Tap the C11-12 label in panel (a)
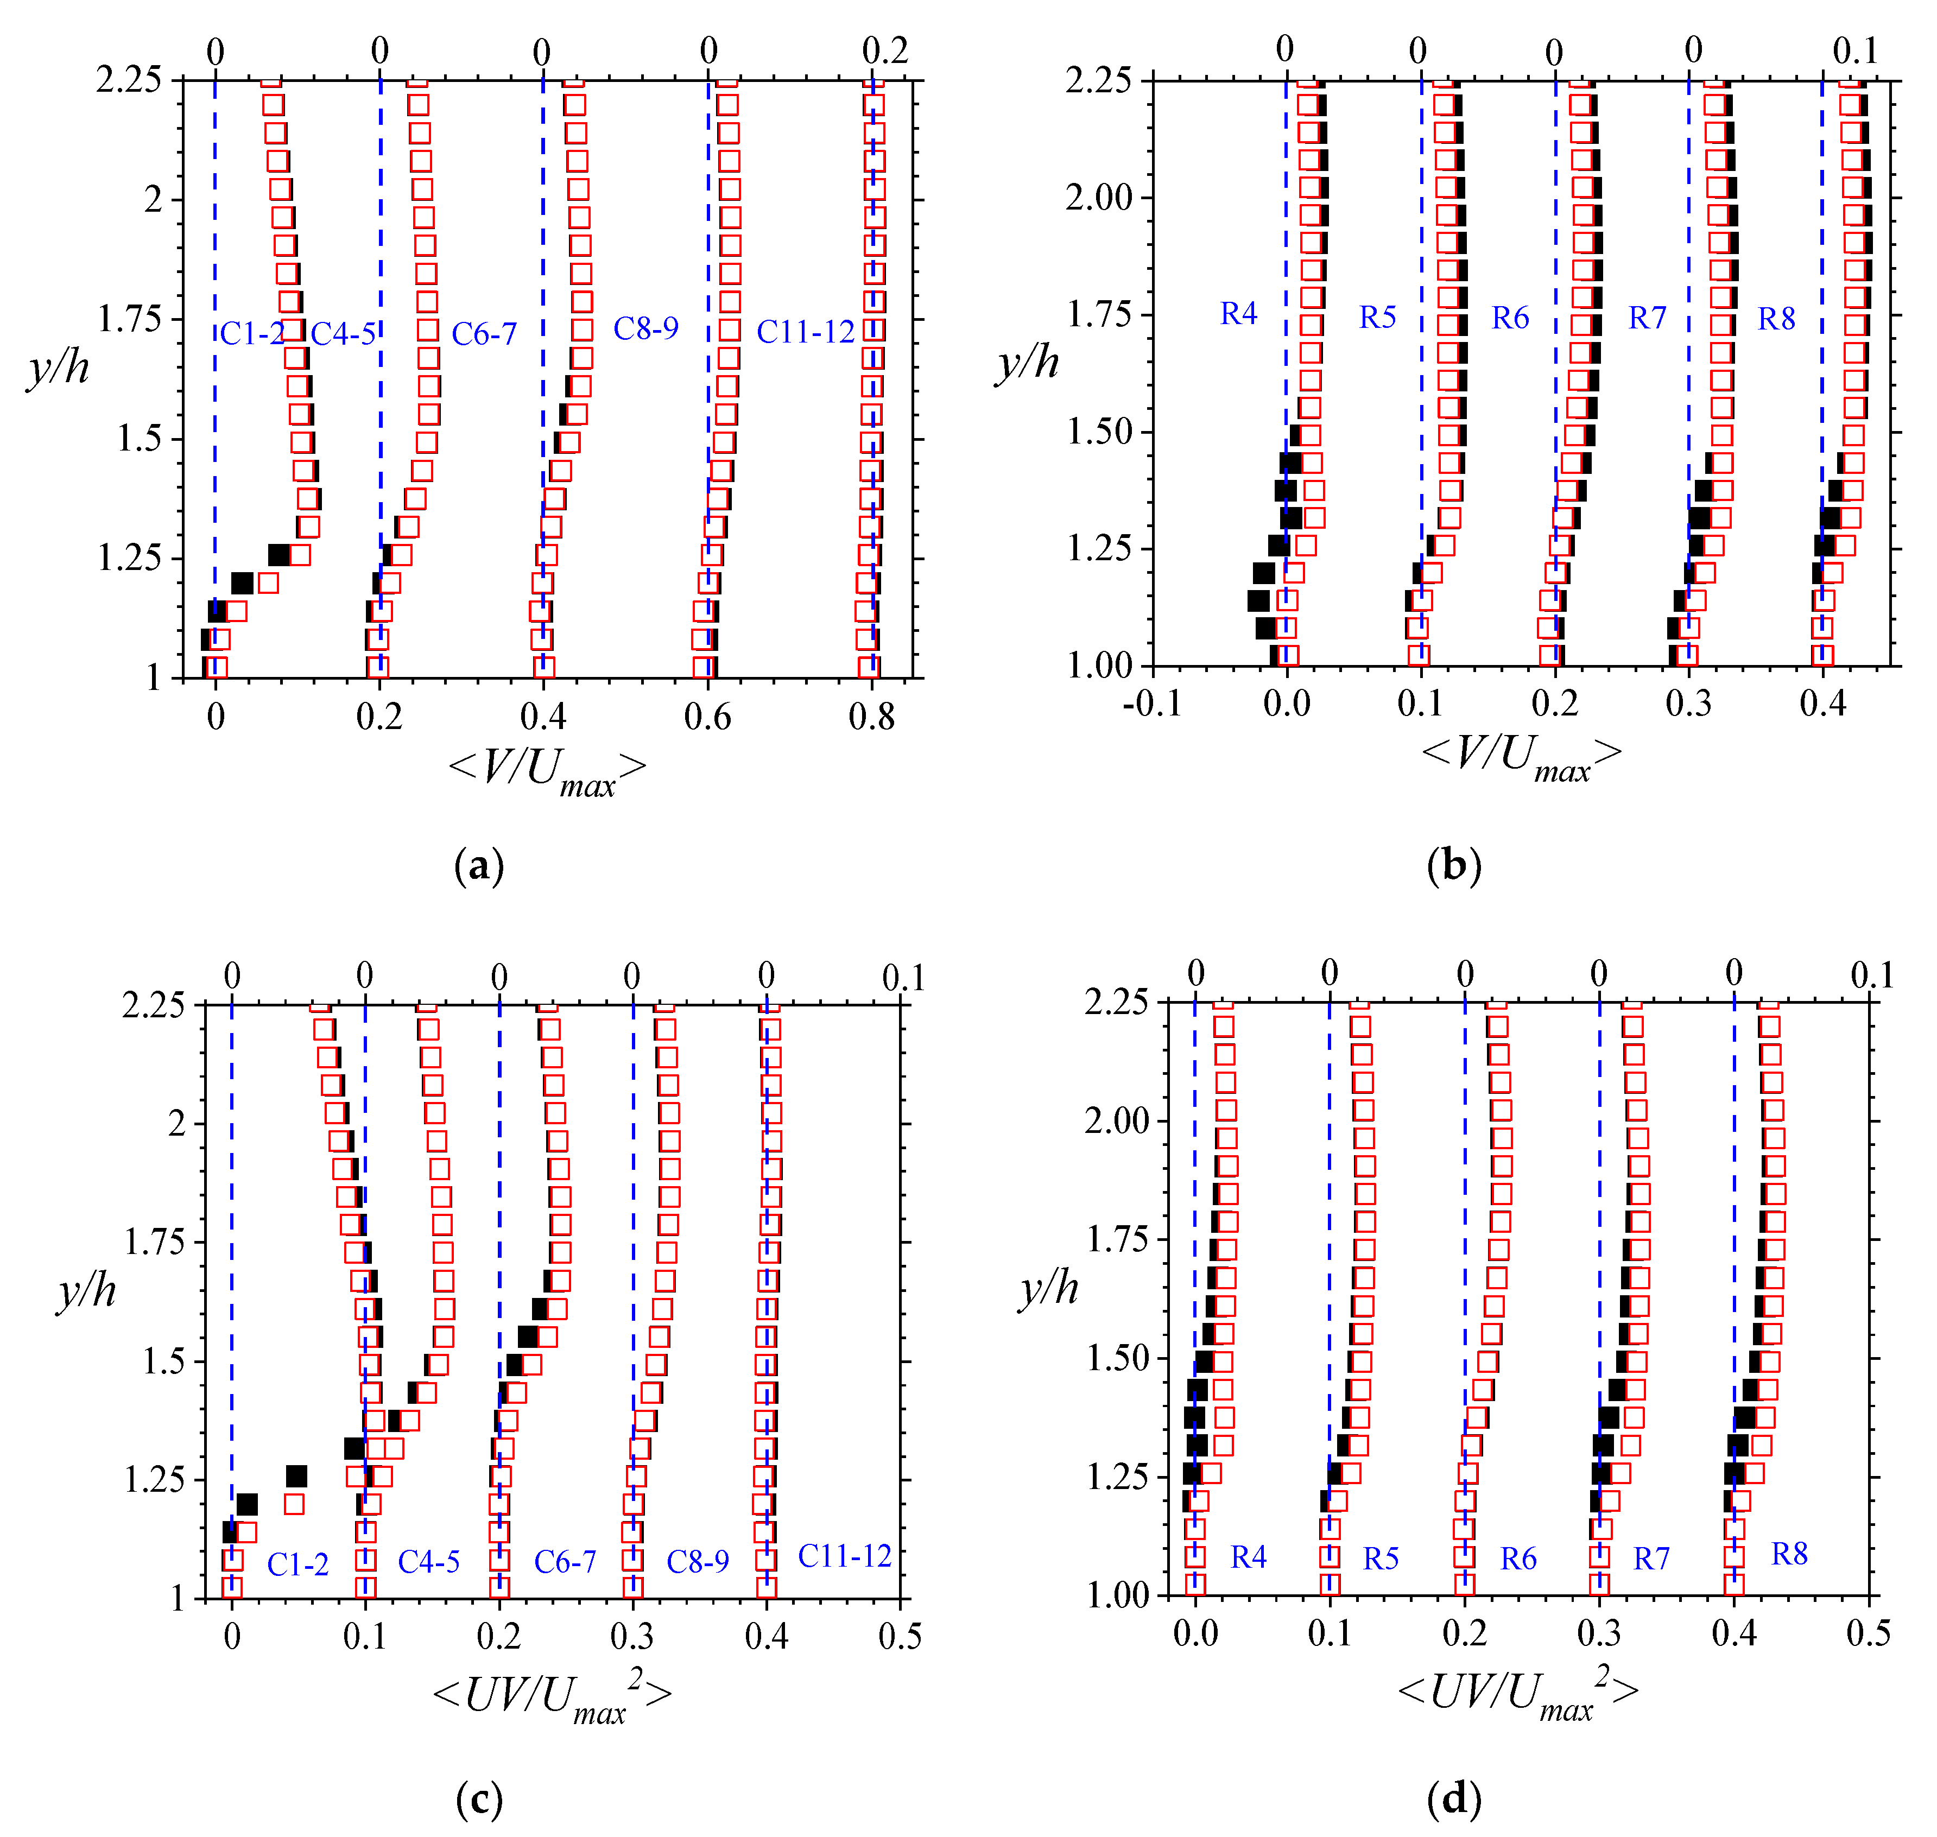tap(805, 332)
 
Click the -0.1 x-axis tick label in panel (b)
tap(1151, 703)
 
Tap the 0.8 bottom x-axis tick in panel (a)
tap(871, 718)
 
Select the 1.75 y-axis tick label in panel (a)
tap(129, 319)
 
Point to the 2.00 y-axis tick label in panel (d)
tap(1116, 1120)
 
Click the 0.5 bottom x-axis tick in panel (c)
tap(899, 1635)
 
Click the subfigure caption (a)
tap(479, 866)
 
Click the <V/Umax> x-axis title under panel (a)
tap(547, 771)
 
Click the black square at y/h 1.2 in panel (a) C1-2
tap(242, 584)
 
